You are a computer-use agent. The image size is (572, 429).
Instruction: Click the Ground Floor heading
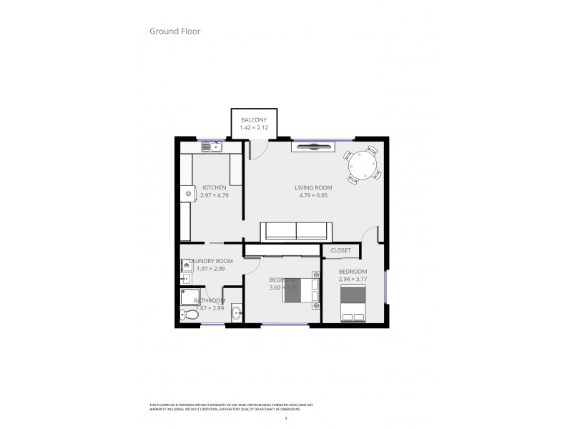coord(174,31)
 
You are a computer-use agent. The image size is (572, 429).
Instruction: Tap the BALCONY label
coord(254,119)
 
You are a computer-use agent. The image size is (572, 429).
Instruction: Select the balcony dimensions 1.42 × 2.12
coord(254,127)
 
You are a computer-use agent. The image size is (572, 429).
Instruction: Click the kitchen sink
coord(212,147)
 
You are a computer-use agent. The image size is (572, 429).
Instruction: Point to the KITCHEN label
coord(214,187)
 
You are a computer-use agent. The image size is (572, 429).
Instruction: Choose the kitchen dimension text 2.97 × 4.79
coord(214,195)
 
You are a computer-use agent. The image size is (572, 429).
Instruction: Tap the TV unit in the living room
coord(312,147)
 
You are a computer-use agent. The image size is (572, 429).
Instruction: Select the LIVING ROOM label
coord(313,187)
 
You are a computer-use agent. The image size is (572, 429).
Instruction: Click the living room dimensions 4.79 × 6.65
coord(313,195)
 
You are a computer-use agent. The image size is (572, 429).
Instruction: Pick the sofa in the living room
coord(296,231)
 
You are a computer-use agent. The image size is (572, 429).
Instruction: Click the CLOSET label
coord(341,250)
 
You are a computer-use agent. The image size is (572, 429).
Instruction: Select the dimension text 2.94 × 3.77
coord(353,280)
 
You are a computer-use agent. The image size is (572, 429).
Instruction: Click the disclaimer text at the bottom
coord(225,407)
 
